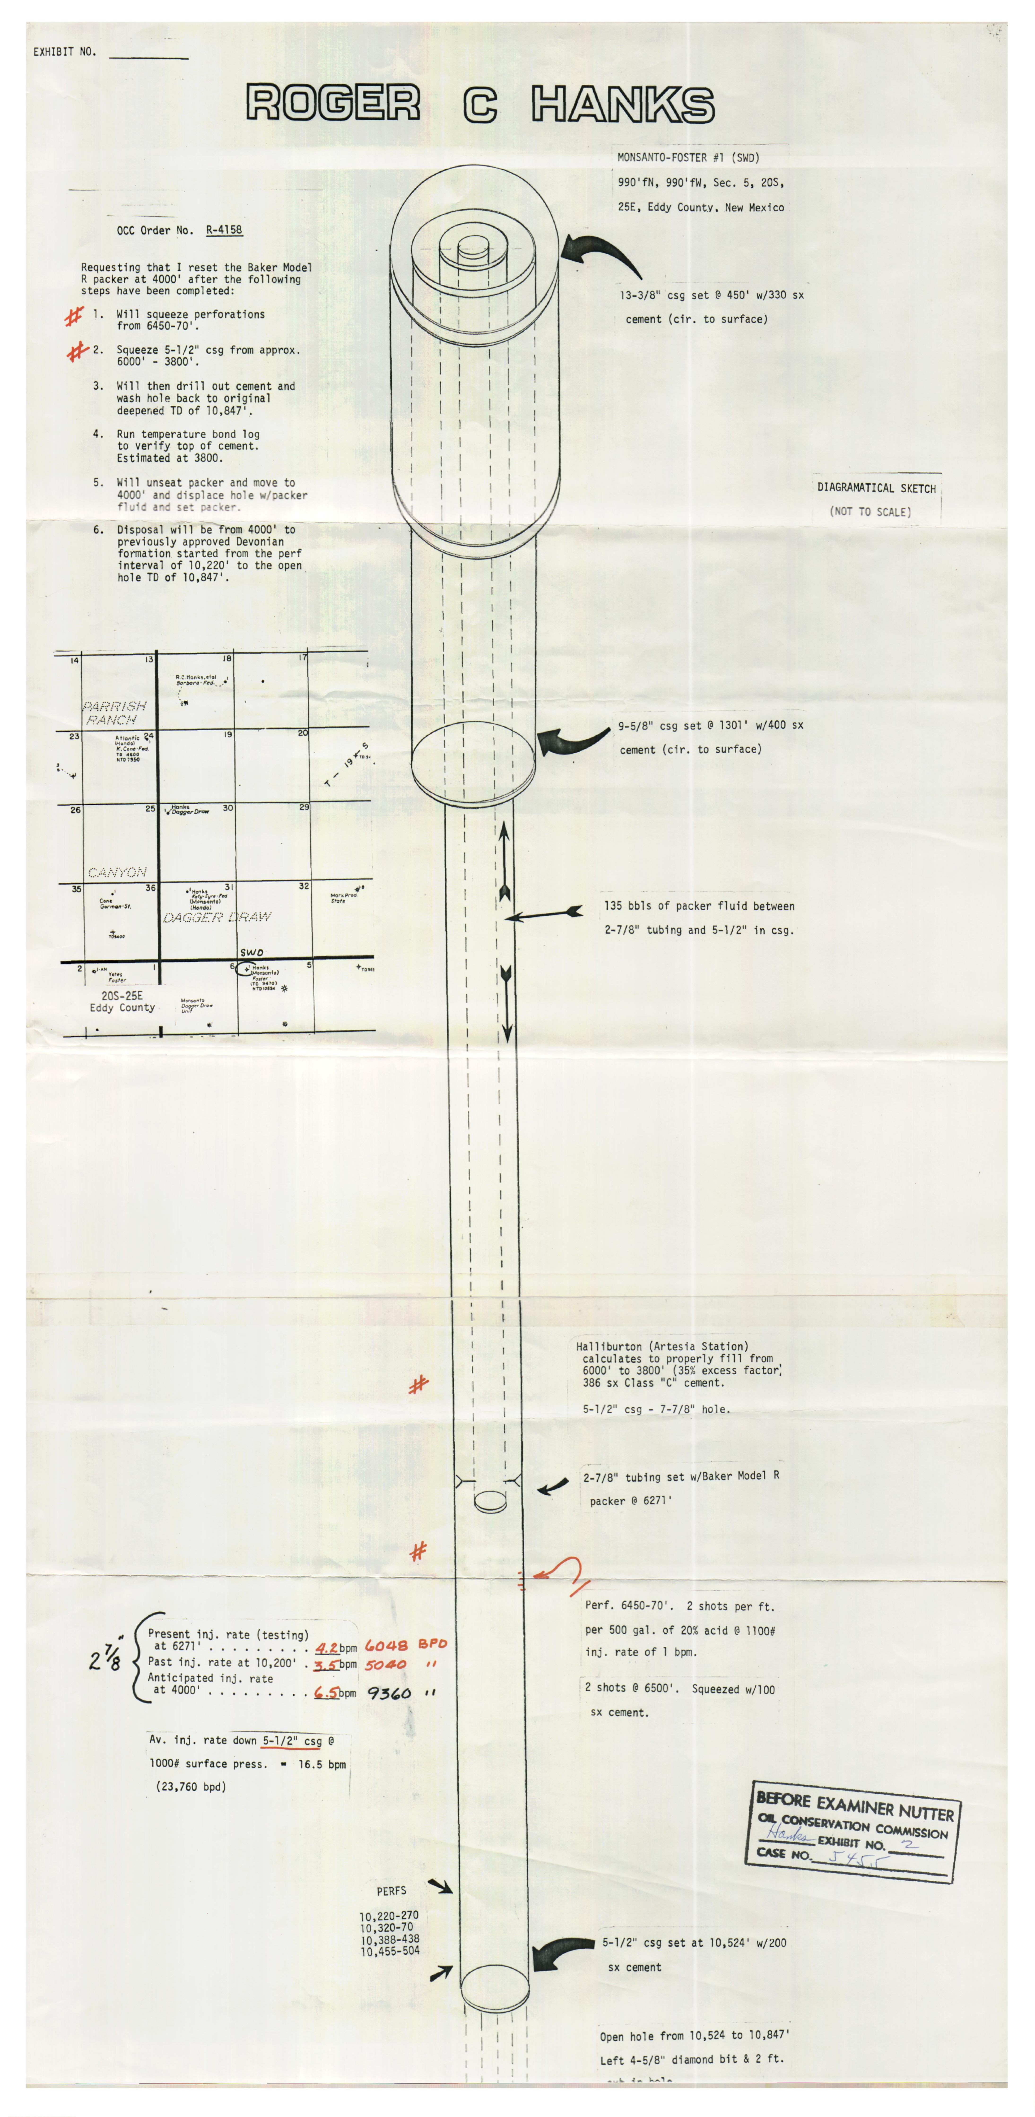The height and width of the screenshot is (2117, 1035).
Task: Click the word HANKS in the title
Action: [x=622, y=104]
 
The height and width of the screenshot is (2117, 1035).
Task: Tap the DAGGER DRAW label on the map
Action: [x=217, y=917]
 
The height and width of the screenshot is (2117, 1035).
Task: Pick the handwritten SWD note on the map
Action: [x=252, y=953]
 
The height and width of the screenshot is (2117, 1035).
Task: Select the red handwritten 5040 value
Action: [x=386, y=1664]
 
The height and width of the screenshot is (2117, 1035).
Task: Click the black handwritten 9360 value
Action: [x=389, y=1693]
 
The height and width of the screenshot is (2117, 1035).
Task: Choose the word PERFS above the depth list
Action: [x=391, y=1891]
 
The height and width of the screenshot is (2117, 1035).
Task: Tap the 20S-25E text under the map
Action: [x=122, y=995]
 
